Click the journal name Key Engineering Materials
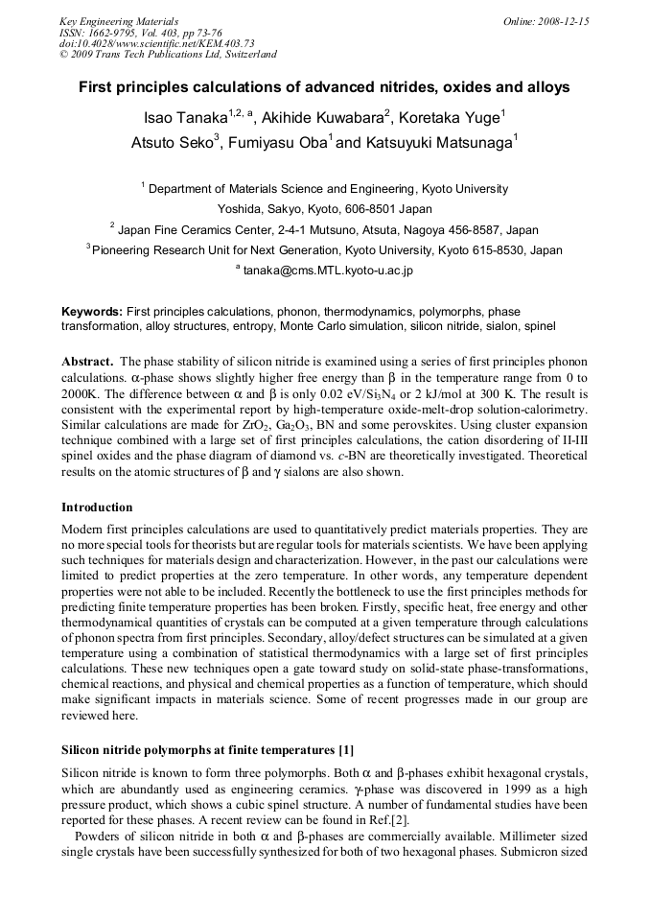click(x=119, y=21)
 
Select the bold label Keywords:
click(x=92, y=312)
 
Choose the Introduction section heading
click(x=97, y=507)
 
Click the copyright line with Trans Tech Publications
click(x=168, y=55)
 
